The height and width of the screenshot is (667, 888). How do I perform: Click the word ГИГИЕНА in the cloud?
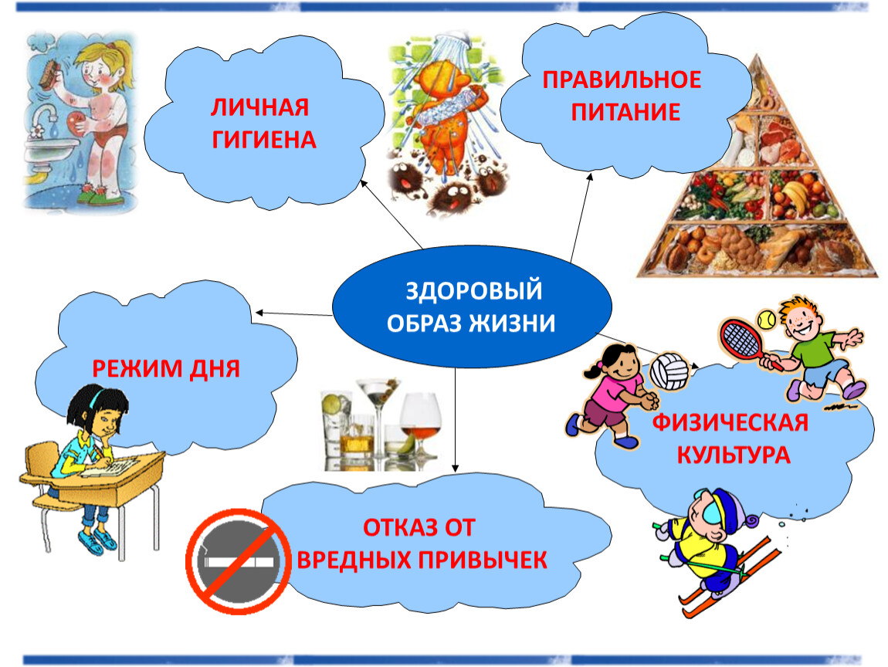point(264,140)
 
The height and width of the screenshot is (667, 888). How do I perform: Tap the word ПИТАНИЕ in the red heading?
point(625,112)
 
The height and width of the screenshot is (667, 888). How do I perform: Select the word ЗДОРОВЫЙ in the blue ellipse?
point(474,290)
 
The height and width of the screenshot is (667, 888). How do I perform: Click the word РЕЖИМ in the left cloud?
point(137,368)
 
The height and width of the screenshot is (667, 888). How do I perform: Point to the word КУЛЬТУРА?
point(734,455)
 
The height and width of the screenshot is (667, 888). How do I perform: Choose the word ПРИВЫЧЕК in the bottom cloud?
point(483,560)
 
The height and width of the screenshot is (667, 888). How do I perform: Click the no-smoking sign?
point(239,561)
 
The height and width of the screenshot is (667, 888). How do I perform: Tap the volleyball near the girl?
point(669,371)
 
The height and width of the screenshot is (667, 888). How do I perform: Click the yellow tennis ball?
point(768,320)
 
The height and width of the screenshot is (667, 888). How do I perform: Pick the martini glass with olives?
point(378,422)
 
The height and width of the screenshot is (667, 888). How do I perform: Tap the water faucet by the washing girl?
point(44,120)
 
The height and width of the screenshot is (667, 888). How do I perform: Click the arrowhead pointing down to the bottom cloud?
point(455,468)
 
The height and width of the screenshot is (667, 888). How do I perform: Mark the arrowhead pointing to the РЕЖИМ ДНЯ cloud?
point(259,313)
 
